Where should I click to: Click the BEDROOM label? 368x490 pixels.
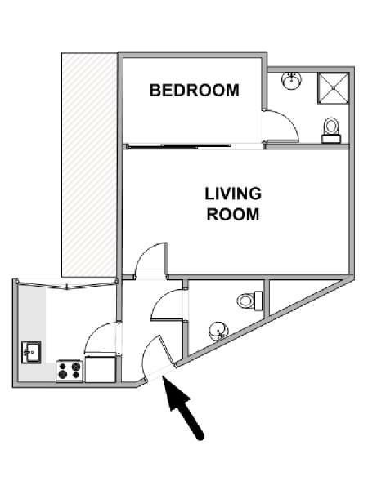click(x=195, y=91)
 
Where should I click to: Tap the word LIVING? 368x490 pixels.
click(x=233, y=194)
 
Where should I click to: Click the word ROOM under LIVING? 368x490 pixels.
click(x=233, y=215)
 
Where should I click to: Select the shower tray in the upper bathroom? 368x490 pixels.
click(x=334, y=88)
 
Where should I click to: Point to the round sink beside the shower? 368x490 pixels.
click(x=292, y=81)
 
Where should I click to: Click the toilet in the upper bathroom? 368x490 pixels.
click(x=331, y=131)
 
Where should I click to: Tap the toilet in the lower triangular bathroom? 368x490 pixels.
click(x=249, y=301)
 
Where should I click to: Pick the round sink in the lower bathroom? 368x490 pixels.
click(x=218, y=332)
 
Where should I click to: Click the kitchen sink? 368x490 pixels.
click(x=31, y=352)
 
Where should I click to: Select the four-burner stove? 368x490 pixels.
click(x=70, y=371)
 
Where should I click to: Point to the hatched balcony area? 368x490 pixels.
click(x=89, y=165)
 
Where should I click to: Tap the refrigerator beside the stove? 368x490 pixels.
click(x=101, y=368)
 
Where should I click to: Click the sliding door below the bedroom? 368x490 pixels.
click(x=178, y=145)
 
